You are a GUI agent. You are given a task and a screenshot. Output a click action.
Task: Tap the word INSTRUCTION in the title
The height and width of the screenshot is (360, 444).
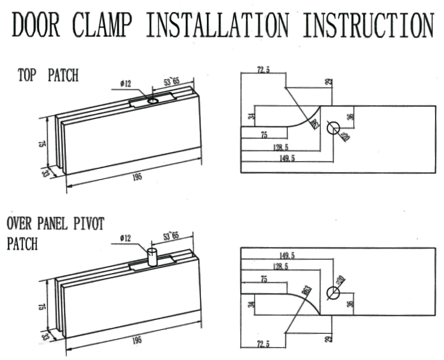pos(369,25)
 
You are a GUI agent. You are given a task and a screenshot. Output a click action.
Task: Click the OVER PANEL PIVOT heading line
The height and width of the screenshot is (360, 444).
pos(55,224)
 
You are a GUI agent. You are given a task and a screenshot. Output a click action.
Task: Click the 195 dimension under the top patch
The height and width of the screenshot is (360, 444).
pos(137,177)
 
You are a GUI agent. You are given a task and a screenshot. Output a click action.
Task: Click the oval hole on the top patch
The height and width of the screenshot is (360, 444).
pos(152,101)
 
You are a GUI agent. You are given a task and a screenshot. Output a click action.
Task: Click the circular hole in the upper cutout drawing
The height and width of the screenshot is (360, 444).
pos(333,128)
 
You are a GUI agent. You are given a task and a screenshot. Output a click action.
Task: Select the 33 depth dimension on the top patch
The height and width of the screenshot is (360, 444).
pos(44,173)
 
